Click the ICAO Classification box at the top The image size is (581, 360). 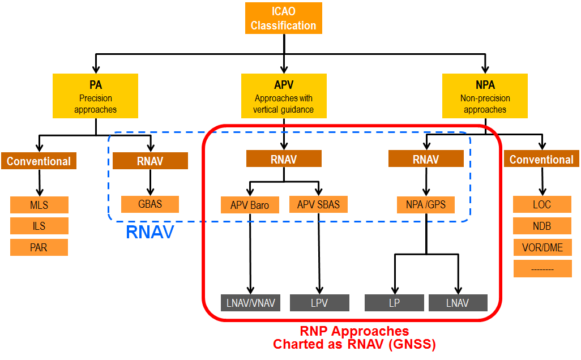283,18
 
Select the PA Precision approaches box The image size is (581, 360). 95,96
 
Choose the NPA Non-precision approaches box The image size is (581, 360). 485,96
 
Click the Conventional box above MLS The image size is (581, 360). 39,161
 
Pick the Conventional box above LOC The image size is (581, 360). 541,160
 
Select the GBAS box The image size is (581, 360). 150,204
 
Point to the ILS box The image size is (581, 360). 39,226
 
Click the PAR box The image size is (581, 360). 39,247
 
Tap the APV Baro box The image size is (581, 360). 250,205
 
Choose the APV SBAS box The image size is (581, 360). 318,204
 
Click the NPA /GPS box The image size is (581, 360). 425,204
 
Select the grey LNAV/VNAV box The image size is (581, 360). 250,303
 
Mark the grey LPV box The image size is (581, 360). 319,303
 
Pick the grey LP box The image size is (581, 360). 394,303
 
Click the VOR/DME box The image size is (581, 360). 542,247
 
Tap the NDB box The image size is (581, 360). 542,226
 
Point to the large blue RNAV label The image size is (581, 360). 149,232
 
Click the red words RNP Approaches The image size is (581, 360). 354,331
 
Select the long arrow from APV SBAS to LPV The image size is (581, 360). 319,255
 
